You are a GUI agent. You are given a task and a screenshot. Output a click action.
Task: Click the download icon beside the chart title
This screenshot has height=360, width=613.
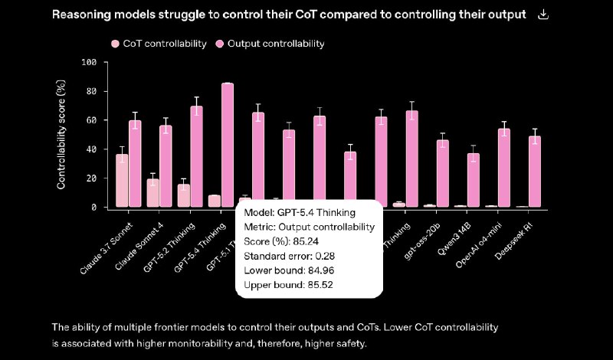[x=544, y=15]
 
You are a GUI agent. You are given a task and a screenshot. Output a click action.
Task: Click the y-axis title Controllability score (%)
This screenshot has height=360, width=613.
[x=61, y=135]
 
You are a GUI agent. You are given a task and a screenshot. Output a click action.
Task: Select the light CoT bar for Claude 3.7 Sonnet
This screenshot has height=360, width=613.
[x=122, y=181]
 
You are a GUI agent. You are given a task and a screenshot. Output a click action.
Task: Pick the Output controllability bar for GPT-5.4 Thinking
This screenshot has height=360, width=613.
[x=228, y=145]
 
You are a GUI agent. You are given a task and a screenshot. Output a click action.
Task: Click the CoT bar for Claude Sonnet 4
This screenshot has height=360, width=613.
[x=152, y=193]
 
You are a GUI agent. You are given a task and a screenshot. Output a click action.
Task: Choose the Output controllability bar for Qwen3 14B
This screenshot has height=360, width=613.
[x=474, y=180]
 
